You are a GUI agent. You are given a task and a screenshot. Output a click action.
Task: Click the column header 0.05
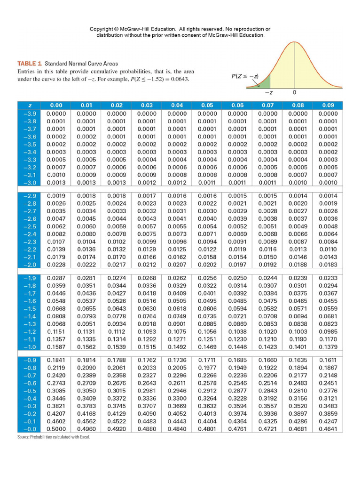tap(206, 105)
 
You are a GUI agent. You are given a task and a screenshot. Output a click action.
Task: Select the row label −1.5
tap(30, 308)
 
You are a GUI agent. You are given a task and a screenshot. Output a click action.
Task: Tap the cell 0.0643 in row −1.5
tap(117, 308)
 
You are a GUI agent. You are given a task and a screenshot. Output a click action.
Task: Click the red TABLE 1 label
tap(30, 64)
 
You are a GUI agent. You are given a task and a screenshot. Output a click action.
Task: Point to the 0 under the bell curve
tap(294, 93)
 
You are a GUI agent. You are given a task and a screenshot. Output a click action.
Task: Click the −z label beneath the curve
tap(266, 93)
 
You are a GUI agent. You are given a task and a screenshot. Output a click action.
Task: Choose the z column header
tap(30, 105)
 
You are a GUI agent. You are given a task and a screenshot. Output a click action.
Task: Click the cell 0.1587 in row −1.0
tap(56, 347)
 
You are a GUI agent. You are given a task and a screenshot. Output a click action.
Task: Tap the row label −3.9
tap(30, 113)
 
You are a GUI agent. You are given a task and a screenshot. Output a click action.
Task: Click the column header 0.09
tap(328, 105)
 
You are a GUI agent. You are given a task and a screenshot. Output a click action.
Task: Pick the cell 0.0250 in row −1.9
tap(237, 278)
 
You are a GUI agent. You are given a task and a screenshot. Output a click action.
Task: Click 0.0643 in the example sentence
tap(179, 79)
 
